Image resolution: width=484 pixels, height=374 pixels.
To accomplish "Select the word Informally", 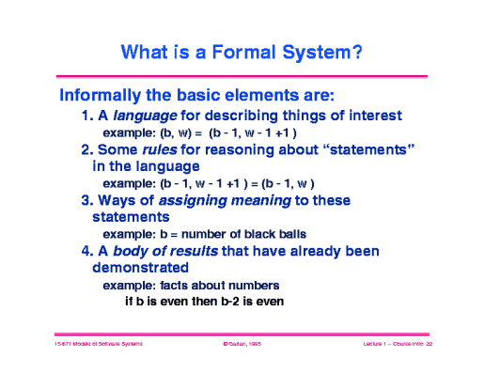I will tap(104, 96).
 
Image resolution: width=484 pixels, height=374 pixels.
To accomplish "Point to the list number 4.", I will tap(86, 251).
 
